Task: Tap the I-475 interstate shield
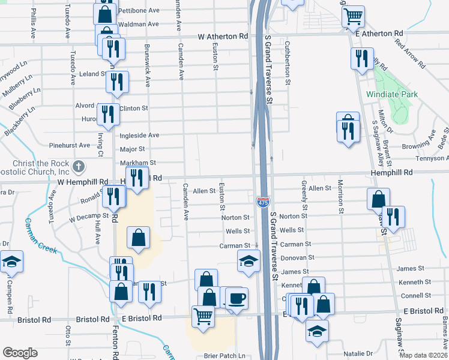tap(263, 202)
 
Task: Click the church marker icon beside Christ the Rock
tap(78, 166)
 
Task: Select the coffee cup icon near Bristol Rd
tap(237, 297)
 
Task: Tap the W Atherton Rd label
tap(223, 37)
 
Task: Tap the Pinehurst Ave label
tap(70, 145)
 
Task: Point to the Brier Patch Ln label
tap(224, 356)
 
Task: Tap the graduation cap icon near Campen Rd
tap(11, 262)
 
